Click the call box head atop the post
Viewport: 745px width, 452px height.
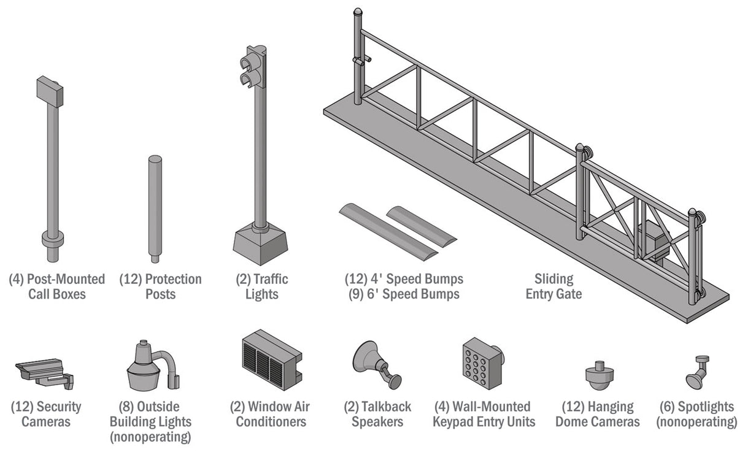50,91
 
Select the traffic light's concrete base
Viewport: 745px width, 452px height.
261,242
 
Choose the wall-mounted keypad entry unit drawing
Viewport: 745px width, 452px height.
482,362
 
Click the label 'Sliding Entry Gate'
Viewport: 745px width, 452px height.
554,286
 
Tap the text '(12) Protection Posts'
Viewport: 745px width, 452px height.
160,286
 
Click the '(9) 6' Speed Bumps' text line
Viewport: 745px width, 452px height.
403,294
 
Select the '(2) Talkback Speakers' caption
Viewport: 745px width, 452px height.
377,414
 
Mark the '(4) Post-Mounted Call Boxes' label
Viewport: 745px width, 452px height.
57,286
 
